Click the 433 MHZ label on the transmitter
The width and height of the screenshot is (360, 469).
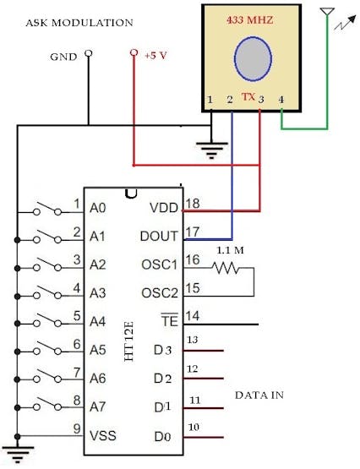tap(249, 20)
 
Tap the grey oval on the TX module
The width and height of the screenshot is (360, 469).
tap(253, 58)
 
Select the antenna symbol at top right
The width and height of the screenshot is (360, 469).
tap(327, 11)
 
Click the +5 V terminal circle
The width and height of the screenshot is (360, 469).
tap(134, 52)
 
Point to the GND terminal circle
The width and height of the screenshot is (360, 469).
tap(88, 53)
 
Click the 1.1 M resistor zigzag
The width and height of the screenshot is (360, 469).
tap(226, 268)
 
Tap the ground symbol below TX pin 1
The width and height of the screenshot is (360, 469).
tap(211, 150)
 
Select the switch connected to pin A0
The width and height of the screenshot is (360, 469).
tap(48, 209)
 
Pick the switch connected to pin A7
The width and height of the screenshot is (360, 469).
tap(48, 404)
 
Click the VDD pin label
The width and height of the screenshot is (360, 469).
tap(164, 208)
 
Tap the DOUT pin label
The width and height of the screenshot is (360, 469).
tap(159, 237)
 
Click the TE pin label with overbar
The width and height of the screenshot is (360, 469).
tap(170, 320)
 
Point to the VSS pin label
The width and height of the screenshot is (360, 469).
tap(103, 435)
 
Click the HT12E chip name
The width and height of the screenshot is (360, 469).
tap(128, 341)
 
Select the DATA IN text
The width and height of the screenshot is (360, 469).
tap(259, 395)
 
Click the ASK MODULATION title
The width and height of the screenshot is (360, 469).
tap(79, 23)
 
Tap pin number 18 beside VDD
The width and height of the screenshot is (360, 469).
tap(193, 204)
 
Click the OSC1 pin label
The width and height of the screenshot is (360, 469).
tap(160, 264)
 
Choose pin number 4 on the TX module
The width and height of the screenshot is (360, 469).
tap(281, 100)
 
